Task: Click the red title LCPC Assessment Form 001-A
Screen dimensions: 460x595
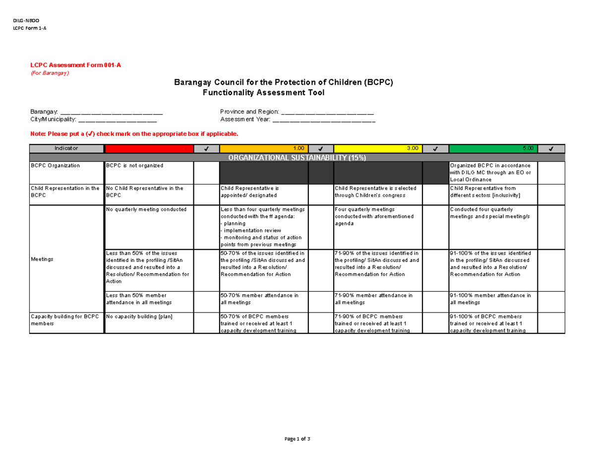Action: (x=75, y=66)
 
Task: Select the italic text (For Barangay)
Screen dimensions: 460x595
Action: (x=50, y=73)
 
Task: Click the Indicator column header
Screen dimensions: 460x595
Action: (x=66, y=148)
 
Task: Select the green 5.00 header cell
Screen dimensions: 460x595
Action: (x=493, y=148)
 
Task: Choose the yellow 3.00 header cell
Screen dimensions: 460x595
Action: (x=378, y=148)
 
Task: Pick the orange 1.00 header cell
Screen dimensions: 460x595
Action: (x=263, y=148)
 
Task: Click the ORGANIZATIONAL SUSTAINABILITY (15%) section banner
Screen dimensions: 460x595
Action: (x=297, y=157)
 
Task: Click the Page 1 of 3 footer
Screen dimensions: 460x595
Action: (x=297, y=439)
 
